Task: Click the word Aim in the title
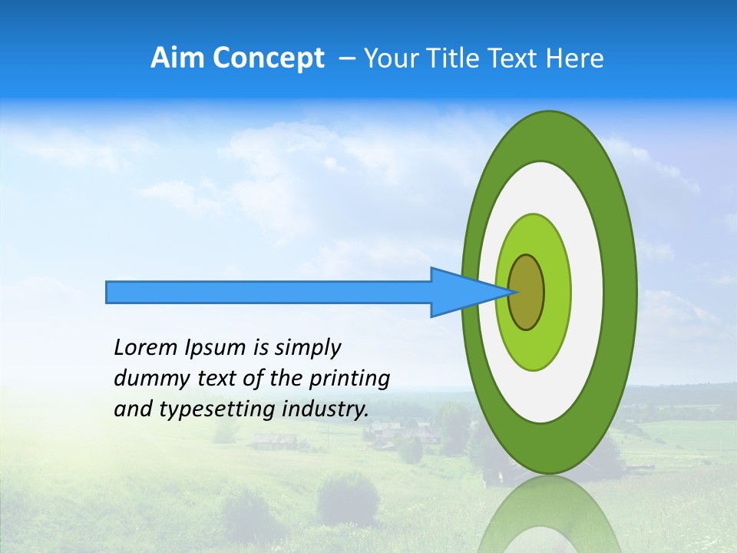(177, 58)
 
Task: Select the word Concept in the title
(268, 58)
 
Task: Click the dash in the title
(346, 58)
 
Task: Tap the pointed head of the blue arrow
(491, 292)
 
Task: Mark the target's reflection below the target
(548, 518)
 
